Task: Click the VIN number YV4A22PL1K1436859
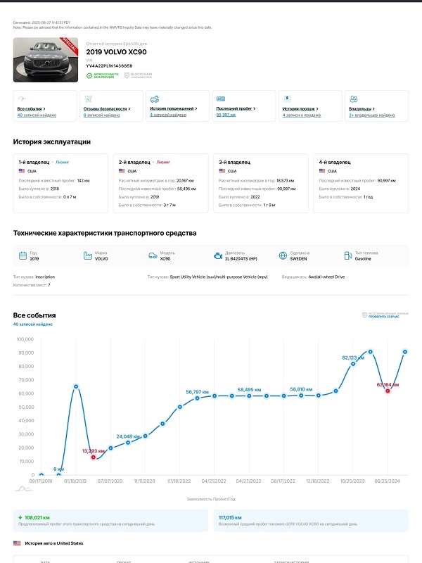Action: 109,65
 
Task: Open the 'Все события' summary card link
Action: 30,109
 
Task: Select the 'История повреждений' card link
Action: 173,109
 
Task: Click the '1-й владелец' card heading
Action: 34,163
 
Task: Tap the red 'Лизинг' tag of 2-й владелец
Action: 164,163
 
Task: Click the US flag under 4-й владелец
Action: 322,171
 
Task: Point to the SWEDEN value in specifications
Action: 298,259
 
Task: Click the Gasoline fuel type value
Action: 364,259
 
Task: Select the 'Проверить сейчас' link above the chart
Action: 383,317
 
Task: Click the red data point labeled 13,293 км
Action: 93,457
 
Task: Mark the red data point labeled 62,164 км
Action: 388,391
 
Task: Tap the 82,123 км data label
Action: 355,358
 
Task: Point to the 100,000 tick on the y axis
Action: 25,339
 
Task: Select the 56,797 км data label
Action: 198,391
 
